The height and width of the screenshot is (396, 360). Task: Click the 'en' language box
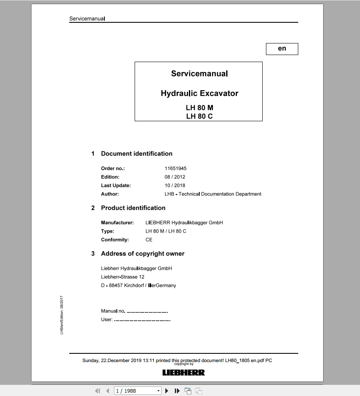[x=282, y=49]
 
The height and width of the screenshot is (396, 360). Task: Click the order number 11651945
[x=176, y=168]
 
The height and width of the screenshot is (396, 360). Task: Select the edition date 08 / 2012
[x=175, y=177]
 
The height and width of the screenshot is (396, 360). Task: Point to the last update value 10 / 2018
[x=175, y=185]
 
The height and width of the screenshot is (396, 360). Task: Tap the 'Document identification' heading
[x=137, y=154]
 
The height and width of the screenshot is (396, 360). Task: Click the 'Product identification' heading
[x=133, y=208]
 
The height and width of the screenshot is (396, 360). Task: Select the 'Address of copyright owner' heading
[x=143, y=254]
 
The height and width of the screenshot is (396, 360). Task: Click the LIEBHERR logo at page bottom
[x=184, y=372]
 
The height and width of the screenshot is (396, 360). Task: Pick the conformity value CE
[x=149, y=240]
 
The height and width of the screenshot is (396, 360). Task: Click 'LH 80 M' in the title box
[x=199, y=108]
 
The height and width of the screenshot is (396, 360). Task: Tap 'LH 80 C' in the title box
[x=199, y=116]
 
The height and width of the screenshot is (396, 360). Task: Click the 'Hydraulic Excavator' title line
[x=199, y=94]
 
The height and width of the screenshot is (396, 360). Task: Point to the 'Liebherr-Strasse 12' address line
[x=123, y=277]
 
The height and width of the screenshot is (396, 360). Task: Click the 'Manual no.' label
[x=113, y=311]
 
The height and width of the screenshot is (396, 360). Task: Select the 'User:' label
[x=107, y=319]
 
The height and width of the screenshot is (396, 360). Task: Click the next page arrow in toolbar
[x=167, y=391]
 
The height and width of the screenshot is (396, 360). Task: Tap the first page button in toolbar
[x=97, y=391]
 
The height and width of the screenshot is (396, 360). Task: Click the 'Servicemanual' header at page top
[x=87, y=19]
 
